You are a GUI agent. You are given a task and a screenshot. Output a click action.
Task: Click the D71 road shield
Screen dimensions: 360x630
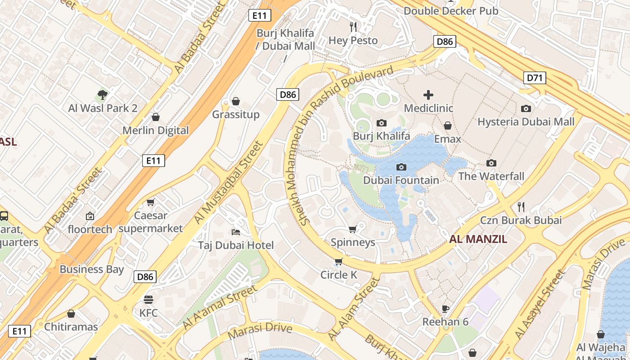click(535, 78)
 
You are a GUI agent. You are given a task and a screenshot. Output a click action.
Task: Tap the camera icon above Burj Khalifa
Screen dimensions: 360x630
click(381, 123)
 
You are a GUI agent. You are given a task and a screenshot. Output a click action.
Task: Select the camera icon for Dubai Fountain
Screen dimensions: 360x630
click(401, 167)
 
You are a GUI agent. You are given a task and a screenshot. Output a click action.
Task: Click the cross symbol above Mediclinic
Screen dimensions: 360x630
click(428, 95)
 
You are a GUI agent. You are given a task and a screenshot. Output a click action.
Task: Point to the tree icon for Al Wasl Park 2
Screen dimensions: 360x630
click(103, 95)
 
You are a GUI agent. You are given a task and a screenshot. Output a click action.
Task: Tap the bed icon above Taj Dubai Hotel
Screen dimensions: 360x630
click(236, 232)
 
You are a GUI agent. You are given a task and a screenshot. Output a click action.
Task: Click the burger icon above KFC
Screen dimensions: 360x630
click(148, 299)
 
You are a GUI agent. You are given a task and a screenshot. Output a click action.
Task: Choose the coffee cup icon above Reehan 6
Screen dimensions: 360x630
click(445, 309)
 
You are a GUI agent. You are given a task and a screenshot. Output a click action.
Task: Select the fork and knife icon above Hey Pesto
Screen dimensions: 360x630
click(353, 27)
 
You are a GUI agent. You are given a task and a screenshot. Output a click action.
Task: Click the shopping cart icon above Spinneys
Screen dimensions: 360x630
click(353, 229)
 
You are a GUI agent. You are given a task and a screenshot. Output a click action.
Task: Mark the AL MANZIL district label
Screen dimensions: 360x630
click(478, 239)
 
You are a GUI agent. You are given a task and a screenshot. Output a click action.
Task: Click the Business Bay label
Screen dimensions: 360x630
click(91, 270)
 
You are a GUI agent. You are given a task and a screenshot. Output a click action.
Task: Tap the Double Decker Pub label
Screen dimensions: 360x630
click(451, 11)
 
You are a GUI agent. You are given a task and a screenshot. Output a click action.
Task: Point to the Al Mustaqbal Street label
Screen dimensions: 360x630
click(228, 182)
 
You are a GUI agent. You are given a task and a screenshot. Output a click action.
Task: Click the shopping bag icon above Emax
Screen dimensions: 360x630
click(447, 126)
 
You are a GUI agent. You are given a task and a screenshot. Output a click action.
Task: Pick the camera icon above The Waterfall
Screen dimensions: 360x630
click(491, 163)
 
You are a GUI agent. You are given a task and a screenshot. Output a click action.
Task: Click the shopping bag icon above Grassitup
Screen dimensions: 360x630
click(236, 101)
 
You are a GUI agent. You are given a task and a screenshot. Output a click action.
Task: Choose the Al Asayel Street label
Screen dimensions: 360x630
click(540, 305)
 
